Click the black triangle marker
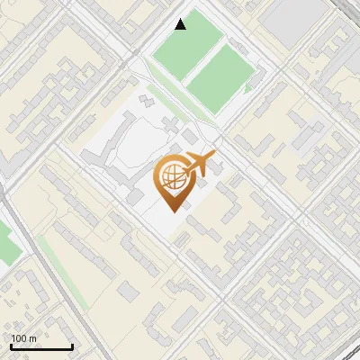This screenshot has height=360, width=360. tap(181, 24)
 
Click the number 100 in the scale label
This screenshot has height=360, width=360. tap(19, 338)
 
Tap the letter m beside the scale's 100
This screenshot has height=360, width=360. tap(33, 338)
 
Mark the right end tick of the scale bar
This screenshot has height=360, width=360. tap(72, 346)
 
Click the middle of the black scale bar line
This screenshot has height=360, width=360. tap(40, 348)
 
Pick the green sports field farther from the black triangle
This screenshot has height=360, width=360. tap(220, 79)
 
